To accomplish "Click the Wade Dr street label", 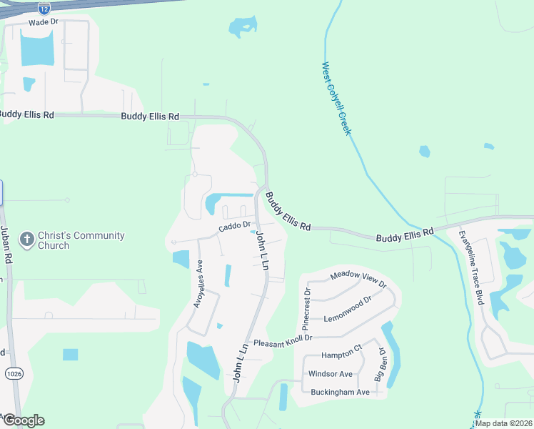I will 43,22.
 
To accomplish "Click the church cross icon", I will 27,240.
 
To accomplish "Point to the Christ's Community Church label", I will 81,240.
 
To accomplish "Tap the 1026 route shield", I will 13,373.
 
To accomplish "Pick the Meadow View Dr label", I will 358,280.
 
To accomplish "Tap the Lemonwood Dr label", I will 348,310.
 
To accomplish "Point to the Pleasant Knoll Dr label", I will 283,342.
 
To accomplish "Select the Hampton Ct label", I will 341,355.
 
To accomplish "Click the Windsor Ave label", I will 330,374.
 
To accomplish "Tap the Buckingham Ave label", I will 340,392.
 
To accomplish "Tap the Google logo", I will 23,420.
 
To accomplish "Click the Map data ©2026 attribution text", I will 503,423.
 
